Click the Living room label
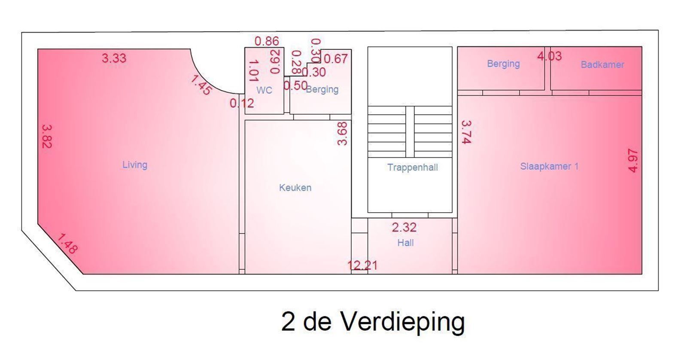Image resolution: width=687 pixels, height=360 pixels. pyautogui.click(x=135, y=165)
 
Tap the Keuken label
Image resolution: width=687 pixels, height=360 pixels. pyautogui.click(x=295, y=188)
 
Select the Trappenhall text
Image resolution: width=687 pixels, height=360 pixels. pyautogui.click(x=412, y=168)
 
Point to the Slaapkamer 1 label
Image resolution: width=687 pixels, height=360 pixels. pyautogui.click(x=549, y=166)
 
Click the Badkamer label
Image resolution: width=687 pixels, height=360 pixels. pyautogui.click(x=602, y=65)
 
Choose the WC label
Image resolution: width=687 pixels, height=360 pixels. pyautogui.click(x=264, y=90)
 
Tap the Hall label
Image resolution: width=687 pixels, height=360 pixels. pyautogui.click(x=405, y=243)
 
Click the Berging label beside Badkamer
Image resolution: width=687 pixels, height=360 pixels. pyautogui.click(x=503, y=64)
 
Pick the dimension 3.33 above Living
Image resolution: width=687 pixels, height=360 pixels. pyautogui.click(x=114, y=58)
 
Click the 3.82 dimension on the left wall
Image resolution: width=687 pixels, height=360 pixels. pyautogui.click(x=47, y=136)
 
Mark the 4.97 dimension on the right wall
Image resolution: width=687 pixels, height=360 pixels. pyautogui.click(x=633, y=160)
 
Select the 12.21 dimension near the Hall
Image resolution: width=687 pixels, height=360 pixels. pyautogui.click(x=363, y=265)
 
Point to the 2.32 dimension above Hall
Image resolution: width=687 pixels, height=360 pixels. pyautogui.click(x=404, y=227)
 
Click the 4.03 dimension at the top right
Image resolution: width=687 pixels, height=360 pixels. pyautogui.click(x=549, y=56)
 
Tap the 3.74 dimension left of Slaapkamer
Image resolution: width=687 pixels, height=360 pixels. pyautogui.click(x=466, y=132)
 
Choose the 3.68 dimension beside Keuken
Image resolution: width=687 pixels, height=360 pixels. pyautogui.click(x=342, y=134)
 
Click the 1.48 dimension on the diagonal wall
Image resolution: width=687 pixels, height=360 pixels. pyautogui.click(x=67, y=244)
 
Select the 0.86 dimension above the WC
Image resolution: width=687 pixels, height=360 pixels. pyautogui.click(x=267, y=41)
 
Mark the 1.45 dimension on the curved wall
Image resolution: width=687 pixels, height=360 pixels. pyautogui.click(x=201, y=85)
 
